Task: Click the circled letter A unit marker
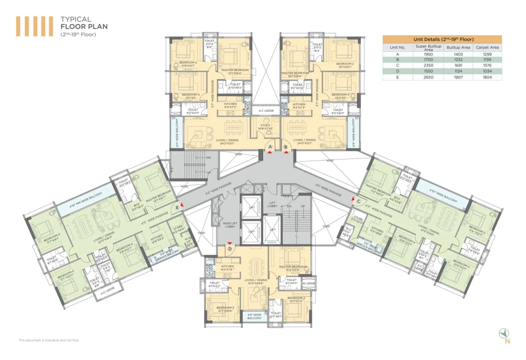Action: click(270, 147)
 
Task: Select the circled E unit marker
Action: click(177, 207)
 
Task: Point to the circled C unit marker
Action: click(358, 201)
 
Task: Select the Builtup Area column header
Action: click(458, 47)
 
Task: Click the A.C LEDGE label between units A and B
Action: click(267, 110)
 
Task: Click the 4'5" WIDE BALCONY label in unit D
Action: click(255, 316)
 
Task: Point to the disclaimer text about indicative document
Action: click(49, 340)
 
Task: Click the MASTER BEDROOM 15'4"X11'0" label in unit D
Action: click(292, 269)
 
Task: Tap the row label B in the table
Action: click(397, 59)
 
